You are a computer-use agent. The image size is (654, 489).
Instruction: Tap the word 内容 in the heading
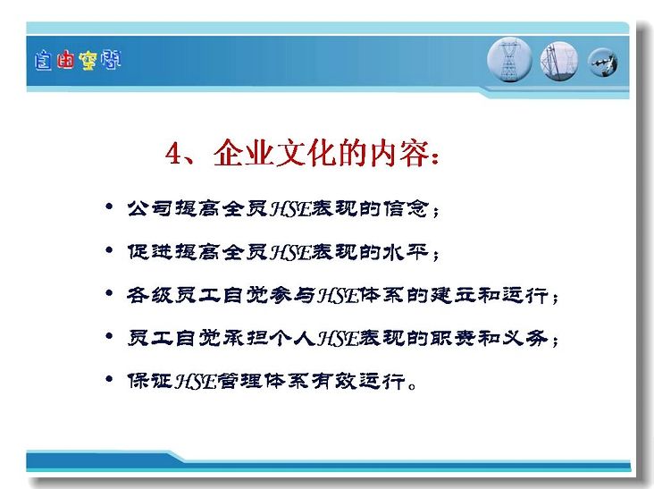point(398,153)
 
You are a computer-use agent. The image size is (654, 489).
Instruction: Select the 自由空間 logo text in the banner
point(78,61)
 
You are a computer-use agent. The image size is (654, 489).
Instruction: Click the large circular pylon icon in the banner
point(509,60)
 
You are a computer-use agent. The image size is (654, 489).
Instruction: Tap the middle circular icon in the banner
point(559,61)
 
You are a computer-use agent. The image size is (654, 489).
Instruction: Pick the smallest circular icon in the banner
point(603,63)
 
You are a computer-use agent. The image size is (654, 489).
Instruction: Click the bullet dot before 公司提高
point(109,206)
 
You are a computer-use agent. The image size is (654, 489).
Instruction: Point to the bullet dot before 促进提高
point(109,250)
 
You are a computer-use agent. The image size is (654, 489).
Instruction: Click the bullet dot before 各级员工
point(109,293)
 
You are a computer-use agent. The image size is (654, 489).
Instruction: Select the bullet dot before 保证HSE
point(109,379)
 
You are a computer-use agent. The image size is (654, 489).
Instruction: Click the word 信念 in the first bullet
point(407,208)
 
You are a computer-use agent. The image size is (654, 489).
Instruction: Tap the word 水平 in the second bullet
point(407,252)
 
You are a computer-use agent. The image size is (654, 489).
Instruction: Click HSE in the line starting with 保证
point(195,381)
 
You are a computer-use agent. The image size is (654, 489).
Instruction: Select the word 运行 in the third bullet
point(524,295)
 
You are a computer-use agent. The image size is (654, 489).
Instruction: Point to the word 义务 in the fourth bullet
point(524,338)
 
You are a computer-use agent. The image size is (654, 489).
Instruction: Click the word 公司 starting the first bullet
point(150,208)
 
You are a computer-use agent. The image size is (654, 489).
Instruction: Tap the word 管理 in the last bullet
point(239,381)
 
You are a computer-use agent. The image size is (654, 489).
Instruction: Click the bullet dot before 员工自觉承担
point(109,336)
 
